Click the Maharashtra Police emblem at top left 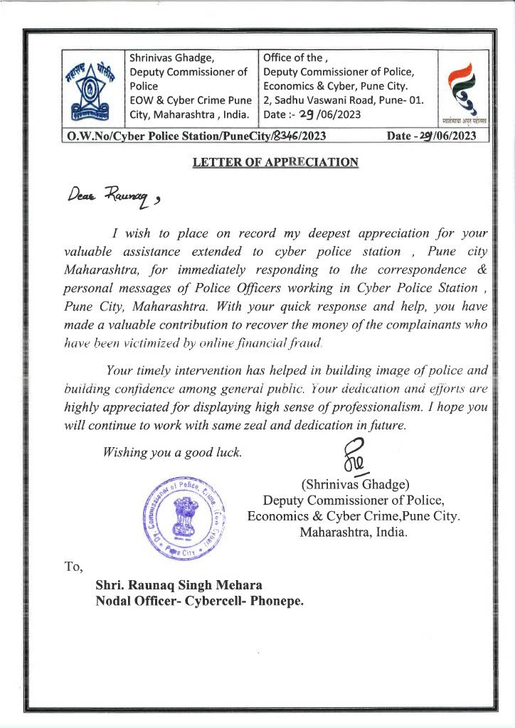click(94, 89)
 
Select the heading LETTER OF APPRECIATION click(275, 162)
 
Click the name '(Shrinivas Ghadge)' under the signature click(355, 485)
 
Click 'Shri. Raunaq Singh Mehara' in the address click(179, 585)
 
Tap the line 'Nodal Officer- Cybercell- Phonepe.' click(199, 601)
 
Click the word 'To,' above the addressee click(74, 567)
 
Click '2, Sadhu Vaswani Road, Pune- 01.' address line click(344, 100)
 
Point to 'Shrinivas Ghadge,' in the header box click(171, 58)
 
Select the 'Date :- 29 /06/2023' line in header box click(312, 114)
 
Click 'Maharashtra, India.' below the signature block click(354, 532)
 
